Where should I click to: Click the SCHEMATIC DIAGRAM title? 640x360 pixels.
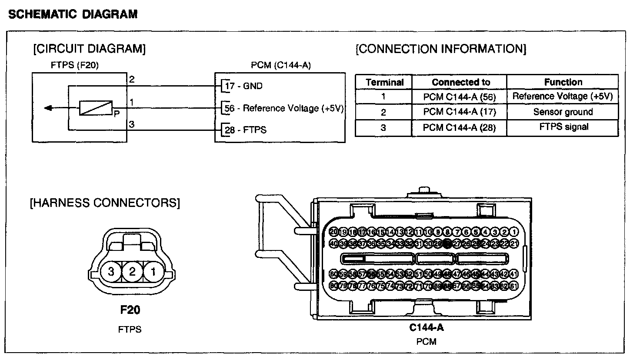pos(73,15)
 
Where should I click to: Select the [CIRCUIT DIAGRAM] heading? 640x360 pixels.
pos(89,49)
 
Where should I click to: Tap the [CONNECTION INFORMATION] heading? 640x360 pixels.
pos(441,49)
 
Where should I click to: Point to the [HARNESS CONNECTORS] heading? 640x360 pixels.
pos(104,203)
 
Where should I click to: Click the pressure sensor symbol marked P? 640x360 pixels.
pos(96,108)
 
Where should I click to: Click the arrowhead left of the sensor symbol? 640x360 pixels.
pos(48,108)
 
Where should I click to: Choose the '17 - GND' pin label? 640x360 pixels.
pos(244,86)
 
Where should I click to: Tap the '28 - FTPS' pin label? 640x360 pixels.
pos(246,130)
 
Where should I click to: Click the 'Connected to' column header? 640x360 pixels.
pos(460,82)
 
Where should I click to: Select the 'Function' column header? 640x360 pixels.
pos(563,82)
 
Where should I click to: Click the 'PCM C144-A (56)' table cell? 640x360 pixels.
pos(459,97)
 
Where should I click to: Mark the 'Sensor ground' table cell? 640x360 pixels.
pos(563,112)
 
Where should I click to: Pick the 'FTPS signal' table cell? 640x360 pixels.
pos(563,127)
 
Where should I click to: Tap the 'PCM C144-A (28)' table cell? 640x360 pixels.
pos(459,127)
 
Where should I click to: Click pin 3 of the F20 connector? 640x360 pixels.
pos(111,272)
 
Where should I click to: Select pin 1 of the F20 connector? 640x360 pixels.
pos(153,272)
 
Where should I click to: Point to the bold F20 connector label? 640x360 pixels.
pos(130,310)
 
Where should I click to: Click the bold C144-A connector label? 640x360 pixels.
pos(426,327)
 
